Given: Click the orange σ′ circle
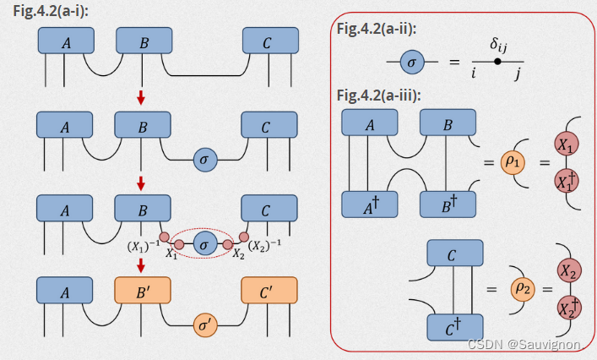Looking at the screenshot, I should click(204, 325).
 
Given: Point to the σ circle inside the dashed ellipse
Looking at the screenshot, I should click(204, 245).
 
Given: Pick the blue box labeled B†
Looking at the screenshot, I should click(448, 204).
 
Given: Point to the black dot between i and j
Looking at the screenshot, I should click(499, 62).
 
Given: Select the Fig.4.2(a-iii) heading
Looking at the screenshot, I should click(379, 95).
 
